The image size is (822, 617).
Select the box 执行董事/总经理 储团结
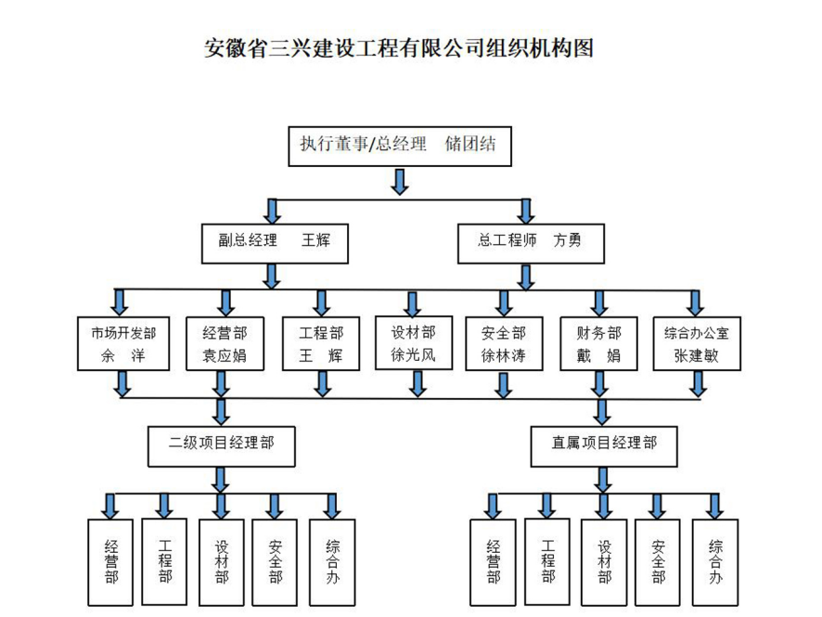[x=398, y=145]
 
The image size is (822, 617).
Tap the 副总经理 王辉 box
[x=269, y=240]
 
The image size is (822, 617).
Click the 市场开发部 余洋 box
[x=123, y=344]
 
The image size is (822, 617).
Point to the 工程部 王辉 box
[x=321, y=344]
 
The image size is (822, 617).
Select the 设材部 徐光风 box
[x=412, y=343]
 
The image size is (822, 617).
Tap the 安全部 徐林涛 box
[x=504, y=344]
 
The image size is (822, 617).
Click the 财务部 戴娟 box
[x=598, y=344]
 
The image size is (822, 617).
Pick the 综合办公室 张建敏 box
[x=697, y=344]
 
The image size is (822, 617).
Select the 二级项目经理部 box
[x=221, y=443]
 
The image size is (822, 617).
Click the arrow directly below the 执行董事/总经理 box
[x=400, y=180]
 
